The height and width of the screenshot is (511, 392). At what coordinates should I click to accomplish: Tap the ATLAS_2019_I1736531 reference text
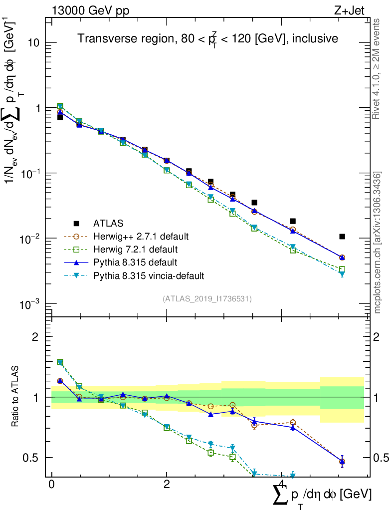click(207, 299)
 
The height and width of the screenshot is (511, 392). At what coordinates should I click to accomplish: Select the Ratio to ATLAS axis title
click(16, 397)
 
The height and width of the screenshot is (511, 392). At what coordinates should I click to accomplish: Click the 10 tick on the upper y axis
click(34, 43)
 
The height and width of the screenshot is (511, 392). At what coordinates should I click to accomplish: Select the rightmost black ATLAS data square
click(342, 237)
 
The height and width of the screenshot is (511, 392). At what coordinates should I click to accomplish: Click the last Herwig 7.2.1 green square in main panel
click(342, 269)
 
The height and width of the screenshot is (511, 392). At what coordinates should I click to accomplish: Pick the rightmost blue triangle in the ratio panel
click(342, 462)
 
